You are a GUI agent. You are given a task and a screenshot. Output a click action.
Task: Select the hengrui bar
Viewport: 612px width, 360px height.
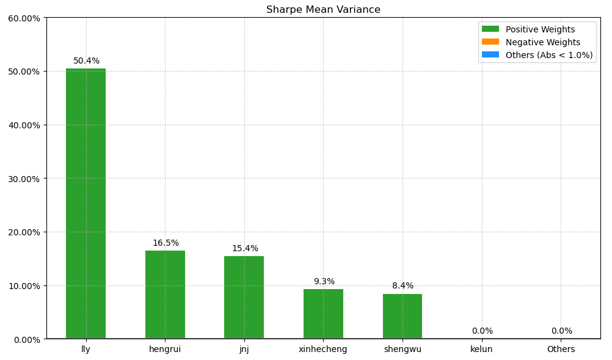(x=165, y=295)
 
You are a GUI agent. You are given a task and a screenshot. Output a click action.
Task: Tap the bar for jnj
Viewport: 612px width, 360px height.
(x=244, y=298)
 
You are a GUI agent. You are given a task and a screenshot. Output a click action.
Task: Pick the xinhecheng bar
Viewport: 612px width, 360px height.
(x=323, y=314)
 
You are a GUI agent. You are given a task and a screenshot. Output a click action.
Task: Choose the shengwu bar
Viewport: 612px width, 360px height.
(x=403, y=317)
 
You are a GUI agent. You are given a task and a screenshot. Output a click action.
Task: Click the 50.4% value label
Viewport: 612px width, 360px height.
(x=86, y=61)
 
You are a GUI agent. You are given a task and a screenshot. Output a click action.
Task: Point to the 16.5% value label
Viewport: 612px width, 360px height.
(x=166, y=243)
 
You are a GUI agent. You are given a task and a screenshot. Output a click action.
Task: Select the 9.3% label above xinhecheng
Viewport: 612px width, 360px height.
(x=324, y=282)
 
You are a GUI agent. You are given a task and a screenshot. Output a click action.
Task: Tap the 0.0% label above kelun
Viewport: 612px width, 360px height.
(x=482, y=331)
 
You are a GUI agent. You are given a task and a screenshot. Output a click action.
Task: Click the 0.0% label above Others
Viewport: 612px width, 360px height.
(x=561, y=331)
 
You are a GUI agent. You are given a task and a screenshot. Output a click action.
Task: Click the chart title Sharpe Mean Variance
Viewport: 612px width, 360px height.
(x=323, y=10)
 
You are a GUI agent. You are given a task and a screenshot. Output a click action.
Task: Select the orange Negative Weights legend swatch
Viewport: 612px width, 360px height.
(x=490, y=42)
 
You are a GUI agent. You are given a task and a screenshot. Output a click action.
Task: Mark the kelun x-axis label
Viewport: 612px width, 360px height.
(x=481, y=350)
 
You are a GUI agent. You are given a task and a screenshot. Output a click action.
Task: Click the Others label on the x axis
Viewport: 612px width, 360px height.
(x=561, y=350)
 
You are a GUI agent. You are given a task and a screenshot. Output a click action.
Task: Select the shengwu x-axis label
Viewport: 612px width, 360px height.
(x=403, y=350)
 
